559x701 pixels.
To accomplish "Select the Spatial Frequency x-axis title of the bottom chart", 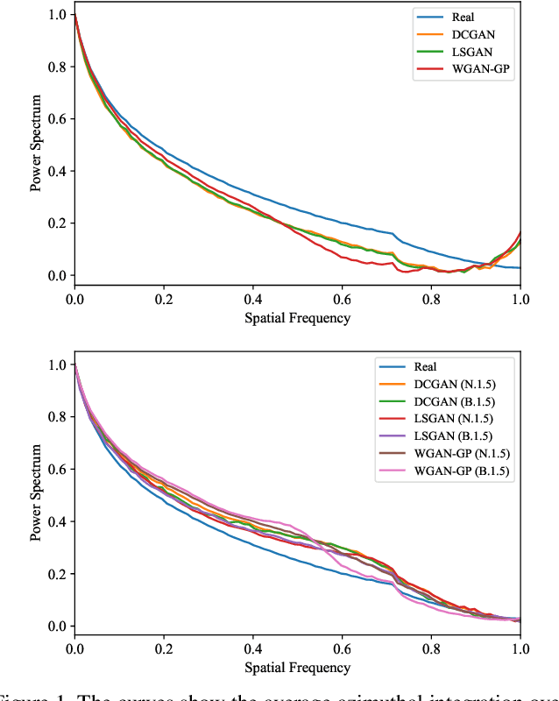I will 297,668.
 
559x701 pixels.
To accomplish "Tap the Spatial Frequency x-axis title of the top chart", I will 297,317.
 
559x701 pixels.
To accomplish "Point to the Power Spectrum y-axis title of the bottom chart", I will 36,494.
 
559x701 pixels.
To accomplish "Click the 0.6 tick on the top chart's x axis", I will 342,298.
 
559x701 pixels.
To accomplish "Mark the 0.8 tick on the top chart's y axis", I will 56,67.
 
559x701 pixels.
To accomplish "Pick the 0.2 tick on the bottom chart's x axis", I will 164,648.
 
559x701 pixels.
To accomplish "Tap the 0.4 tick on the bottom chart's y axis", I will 56,521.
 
